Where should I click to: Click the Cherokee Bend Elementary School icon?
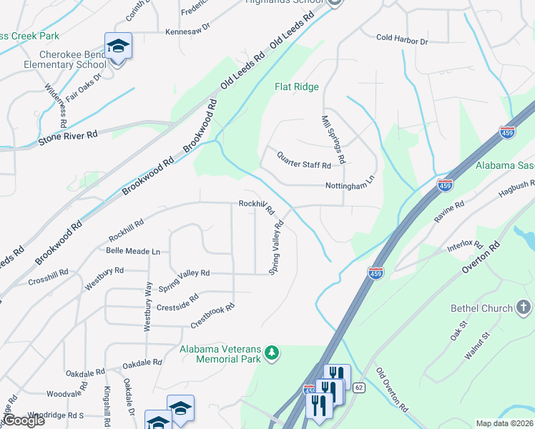(x=118, y=47)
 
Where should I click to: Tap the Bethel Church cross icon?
(x=524, y=308)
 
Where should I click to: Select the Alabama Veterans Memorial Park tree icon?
(x=271, y=352)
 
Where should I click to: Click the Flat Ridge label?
(x=297, y=87)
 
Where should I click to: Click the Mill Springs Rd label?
(x=334, y=139)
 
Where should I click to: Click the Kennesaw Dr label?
(x=187, y=31)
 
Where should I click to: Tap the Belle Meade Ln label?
(x=133, y=252)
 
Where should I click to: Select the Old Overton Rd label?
(x=392, y=390)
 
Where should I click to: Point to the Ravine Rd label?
(x=450, y=212)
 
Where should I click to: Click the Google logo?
(x=23, y=420)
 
